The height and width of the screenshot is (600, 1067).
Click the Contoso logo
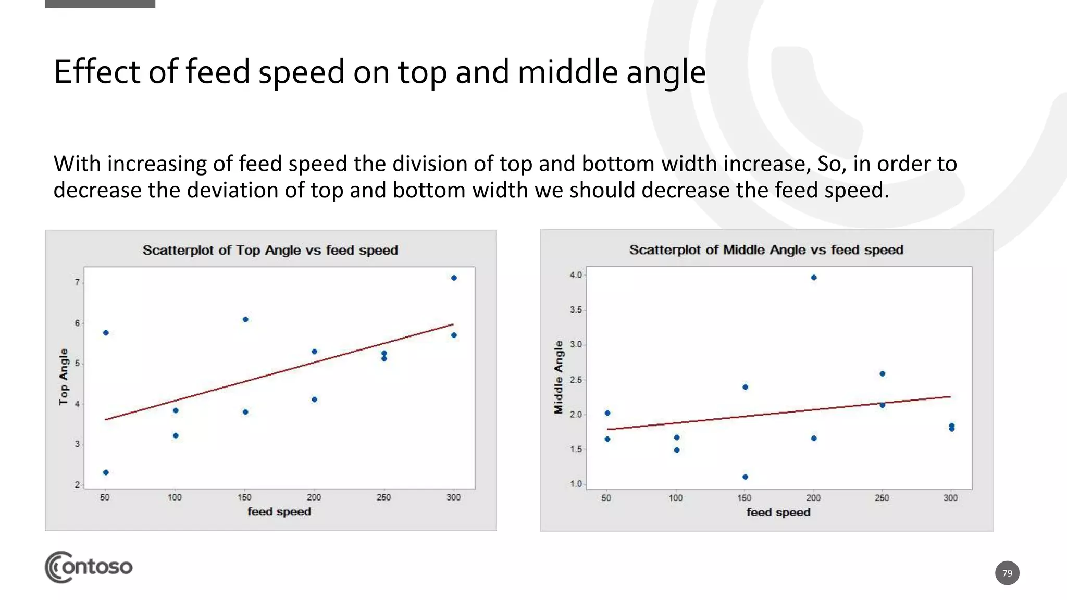coord(89,567)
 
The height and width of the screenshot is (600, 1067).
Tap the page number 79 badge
coord(1007,573)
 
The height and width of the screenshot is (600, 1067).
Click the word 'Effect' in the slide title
coord(97,72)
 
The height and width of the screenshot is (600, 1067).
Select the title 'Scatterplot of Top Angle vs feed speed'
coord(270,251)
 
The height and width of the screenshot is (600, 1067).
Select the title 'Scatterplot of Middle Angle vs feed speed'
coord(766,250)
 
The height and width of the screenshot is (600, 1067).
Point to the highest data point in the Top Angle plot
coord(454,278)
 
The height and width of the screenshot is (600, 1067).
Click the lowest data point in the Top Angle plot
coord(106,472)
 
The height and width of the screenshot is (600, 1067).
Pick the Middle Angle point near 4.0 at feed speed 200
coord(814,278)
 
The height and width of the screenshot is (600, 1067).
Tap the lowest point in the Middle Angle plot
coord(745,477)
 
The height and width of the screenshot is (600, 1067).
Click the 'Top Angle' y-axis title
coord(64,377)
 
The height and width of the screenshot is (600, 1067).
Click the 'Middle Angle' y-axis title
coord(559,377)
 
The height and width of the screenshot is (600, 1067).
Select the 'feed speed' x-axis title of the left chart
coord(279,511)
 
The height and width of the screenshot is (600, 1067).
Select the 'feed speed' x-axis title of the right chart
coord(778,512)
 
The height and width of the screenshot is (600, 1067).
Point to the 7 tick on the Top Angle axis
coord(78,282)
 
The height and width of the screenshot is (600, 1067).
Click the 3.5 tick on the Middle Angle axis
coord(575,310)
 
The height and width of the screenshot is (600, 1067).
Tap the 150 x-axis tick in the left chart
coord(244,497)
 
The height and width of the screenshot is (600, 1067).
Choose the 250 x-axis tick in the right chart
coord(882,498)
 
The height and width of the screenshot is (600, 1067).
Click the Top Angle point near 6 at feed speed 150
coord(245,319)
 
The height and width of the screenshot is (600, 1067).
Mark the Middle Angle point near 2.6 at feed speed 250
coord(882,373)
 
